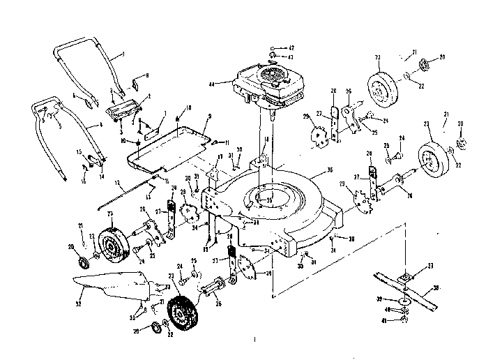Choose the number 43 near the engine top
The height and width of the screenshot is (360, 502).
pos(291,56)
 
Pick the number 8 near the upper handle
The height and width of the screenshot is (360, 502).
pos(146,75)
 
